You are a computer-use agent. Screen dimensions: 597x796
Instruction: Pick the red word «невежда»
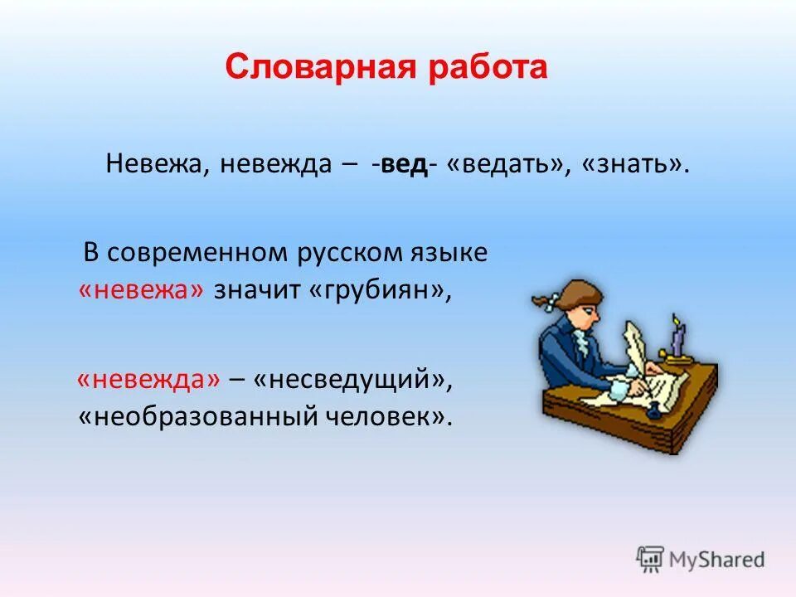149,380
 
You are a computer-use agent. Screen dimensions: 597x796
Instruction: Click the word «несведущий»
352,380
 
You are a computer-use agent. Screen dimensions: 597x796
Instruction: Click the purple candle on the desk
677,339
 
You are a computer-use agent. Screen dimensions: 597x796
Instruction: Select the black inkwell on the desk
653,409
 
